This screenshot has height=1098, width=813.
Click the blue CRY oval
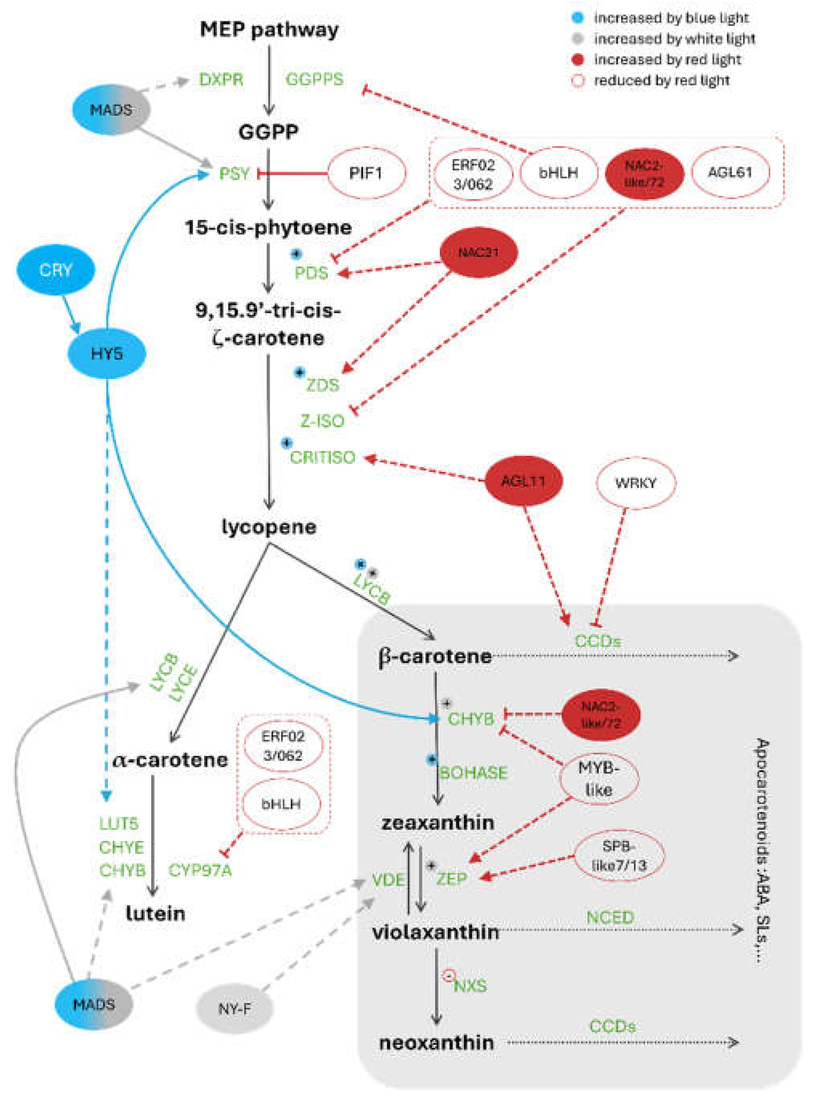[x=56, y=270]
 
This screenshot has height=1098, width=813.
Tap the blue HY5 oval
[x=106, y=353]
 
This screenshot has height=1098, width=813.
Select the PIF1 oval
[x=366, y=173]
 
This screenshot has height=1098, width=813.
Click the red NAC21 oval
[x=478, y=253]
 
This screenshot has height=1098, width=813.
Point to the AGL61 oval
[x=730, y=172]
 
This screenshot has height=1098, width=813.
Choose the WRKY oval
[x=635, y=483]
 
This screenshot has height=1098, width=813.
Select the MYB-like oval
[x=599, y=779]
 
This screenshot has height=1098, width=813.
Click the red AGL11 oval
[x=524, y=481]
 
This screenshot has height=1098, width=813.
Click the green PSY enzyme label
[x=234, y=174]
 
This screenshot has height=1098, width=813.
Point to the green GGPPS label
[x=314, y=79]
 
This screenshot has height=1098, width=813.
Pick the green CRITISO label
[x=322, y=457]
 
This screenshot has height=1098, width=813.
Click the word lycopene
[x=269, y=527]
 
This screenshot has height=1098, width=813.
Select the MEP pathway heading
[x=269, y=30]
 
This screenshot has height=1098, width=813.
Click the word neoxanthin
[x=436, y=1042]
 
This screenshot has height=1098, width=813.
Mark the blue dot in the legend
[x=578, y=18]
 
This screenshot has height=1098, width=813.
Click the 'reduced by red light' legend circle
[x=578, y=80]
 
